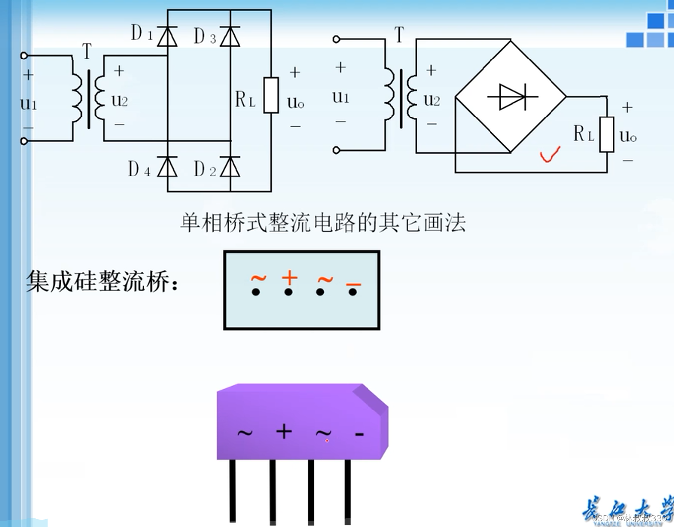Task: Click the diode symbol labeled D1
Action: (x=167, y=37)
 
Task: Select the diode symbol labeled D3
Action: (x=230, y=37)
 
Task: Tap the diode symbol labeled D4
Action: (x=167, y=167)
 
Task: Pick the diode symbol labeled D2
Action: (x=230, y=167)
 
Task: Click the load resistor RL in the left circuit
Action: (x=271, y=95)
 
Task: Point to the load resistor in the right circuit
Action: (x=607, y=134)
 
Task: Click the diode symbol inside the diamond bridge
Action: (x=512, y=96)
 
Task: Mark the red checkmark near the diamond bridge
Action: (x=550, y=155)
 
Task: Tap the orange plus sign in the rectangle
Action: (x=289, y=278)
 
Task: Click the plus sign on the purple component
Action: (x=284, y=431)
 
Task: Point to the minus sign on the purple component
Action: (x=359, y=434)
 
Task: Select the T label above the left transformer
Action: (x=87, y=51)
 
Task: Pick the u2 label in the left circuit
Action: (x=120, y=100)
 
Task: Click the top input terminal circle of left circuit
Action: (x=24, y=56)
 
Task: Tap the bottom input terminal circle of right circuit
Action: (x=336, y=150)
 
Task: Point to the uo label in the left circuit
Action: (x=296, y=102)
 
